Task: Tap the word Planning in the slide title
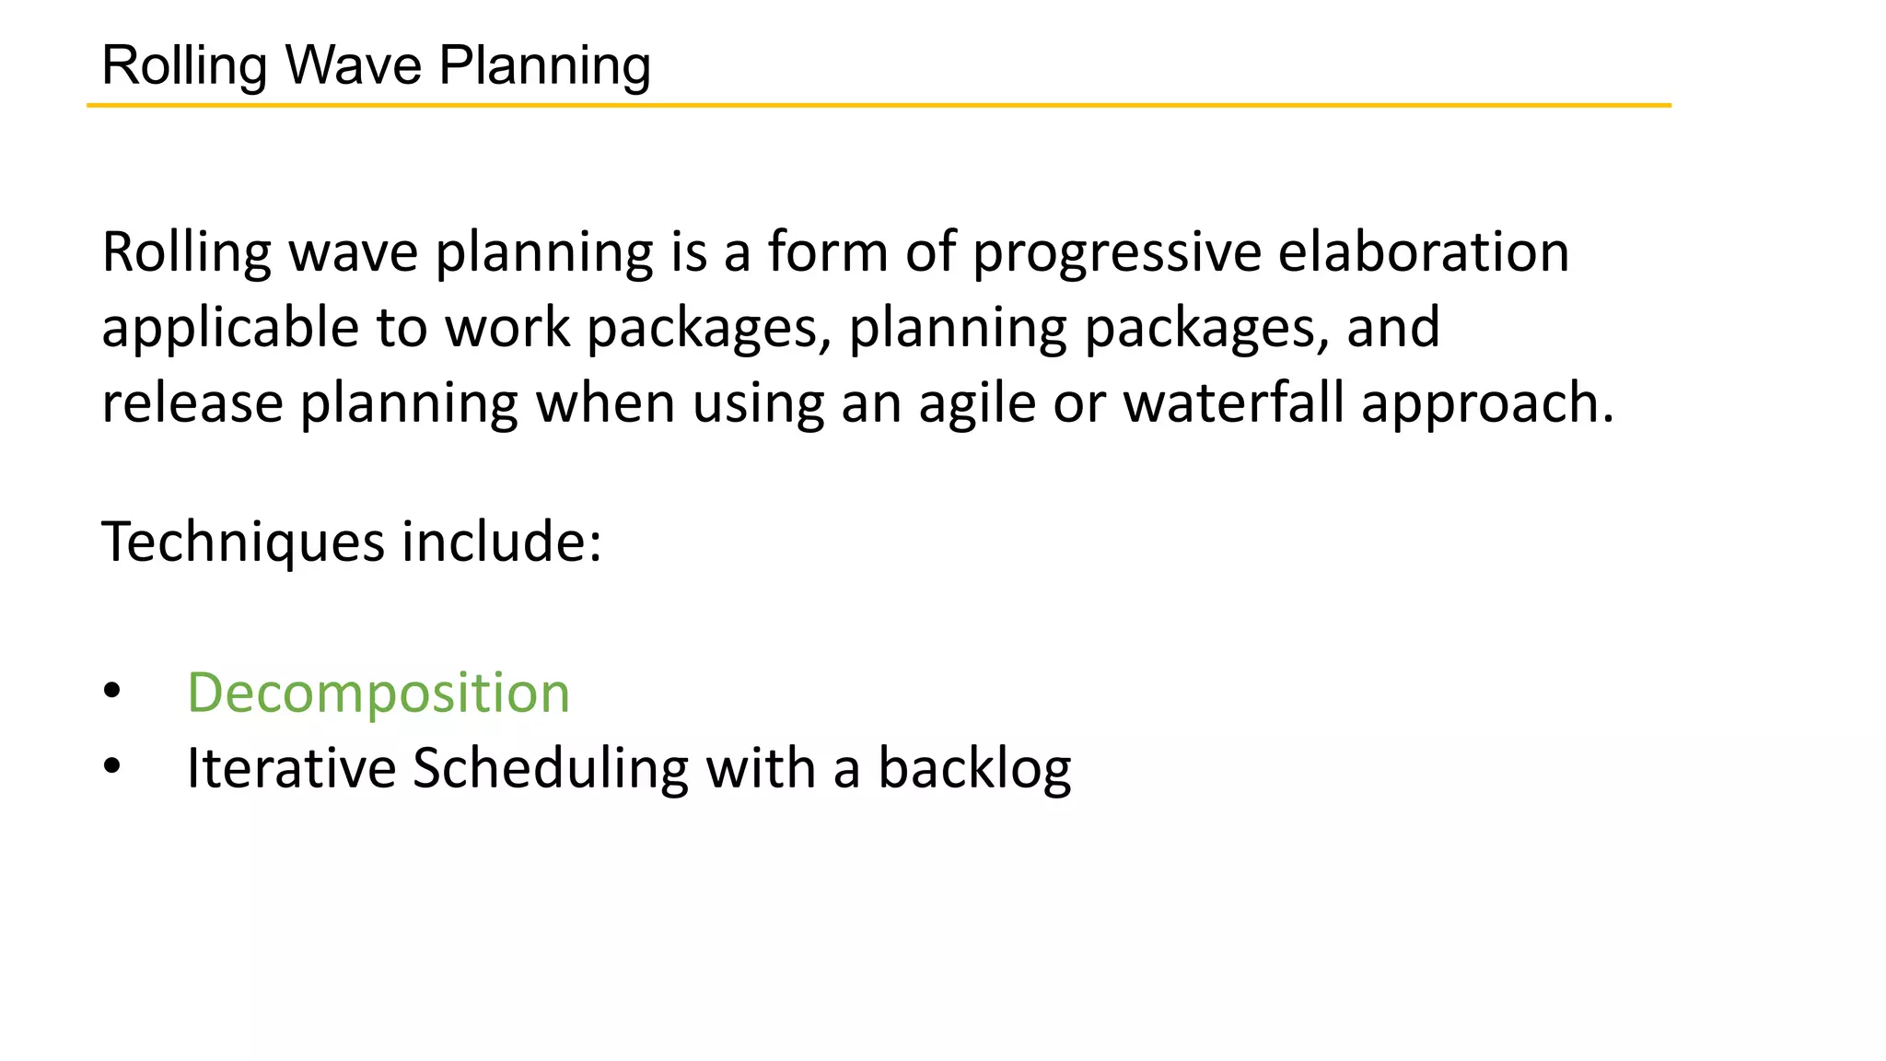[544, 65]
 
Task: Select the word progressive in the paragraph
[1116, 252]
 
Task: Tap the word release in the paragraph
[192, 403]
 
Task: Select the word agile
[977, 403]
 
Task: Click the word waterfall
[1233, 403]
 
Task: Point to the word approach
[1486, 403]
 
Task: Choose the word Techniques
[242, 542]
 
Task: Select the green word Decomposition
[378, 693]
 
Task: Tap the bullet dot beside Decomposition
[112, 691]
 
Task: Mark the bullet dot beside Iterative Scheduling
[112, 766]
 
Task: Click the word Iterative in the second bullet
[291, 768]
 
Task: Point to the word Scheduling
[550, 768]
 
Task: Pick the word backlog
[974, 768]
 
